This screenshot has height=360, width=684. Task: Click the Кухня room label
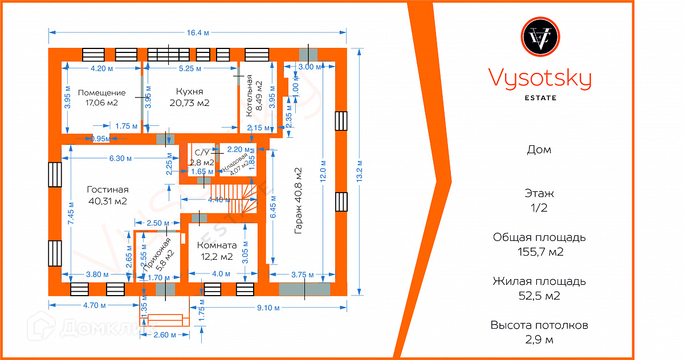pyautogui.click(x=190, y=91)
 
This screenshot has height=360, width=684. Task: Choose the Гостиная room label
pyautogui.click(x=108, y=190)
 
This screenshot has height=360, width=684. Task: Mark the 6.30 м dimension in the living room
pyautogui.click(x=121, y=158)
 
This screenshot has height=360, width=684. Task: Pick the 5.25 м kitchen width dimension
pyautogui.click(x=190, y=68)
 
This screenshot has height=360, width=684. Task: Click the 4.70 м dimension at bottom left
pyautogui.click(x=95, y=305)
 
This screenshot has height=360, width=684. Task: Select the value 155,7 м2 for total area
pyautogui.click(x=539, y=252)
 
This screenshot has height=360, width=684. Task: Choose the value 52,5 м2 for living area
pyautogui.click(x=539, y=296)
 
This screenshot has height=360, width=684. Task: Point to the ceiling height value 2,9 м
pyautogui.click(x=539, y=340)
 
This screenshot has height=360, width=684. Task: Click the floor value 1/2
pyautogui.click(x=539, y=208)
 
